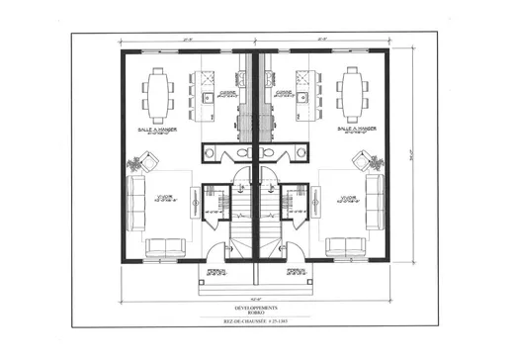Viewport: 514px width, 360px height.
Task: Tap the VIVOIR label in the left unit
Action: pos(165,198)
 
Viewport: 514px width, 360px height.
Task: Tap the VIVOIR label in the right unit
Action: pos(347,198)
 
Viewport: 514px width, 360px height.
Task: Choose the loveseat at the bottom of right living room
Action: pos(346,248)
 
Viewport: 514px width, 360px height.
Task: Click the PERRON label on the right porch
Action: pos(294,270)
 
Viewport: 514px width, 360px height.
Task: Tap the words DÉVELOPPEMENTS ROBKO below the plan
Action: pos(256,309)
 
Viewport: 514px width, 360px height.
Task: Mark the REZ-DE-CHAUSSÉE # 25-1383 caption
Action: pos(256,323)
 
